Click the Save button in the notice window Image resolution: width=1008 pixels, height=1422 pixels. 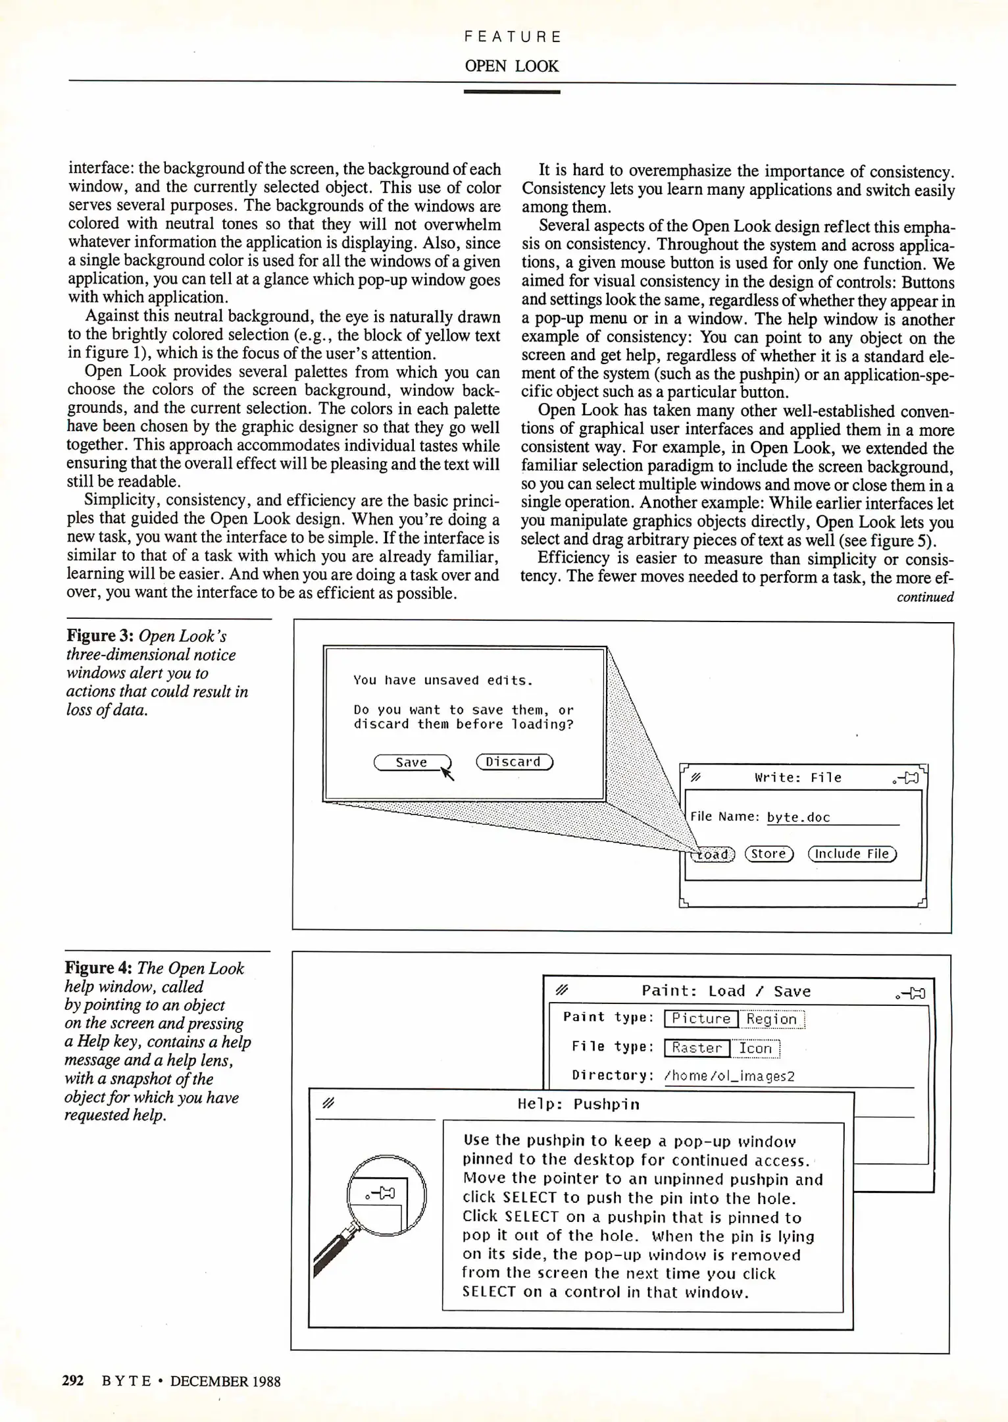[412, 762]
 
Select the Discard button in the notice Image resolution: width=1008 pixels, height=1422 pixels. [514, 762]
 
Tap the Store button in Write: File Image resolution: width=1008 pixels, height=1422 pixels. [769, 854]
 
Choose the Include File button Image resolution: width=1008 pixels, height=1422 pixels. [852, 854]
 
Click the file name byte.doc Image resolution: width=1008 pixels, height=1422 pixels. [799, 818]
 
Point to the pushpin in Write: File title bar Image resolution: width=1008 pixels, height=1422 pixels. [907, 778]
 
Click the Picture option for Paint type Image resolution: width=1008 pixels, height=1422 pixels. [701, 1019]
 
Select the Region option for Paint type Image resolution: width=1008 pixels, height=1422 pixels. [772, 1019]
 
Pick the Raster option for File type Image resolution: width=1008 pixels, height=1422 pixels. [697, 1048]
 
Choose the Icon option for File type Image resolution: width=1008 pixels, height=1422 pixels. [755, 1048]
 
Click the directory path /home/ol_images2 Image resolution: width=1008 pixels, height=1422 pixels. [730, 1076]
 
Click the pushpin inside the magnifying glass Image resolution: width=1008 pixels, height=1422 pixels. [381, 1193]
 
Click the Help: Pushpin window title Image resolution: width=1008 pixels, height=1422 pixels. [578, 1104]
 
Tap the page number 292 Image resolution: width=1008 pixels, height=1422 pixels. [73, 1381]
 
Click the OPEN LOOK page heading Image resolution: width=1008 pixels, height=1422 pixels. [511, 66]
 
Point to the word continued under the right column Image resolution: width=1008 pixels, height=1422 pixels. [925, 597]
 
